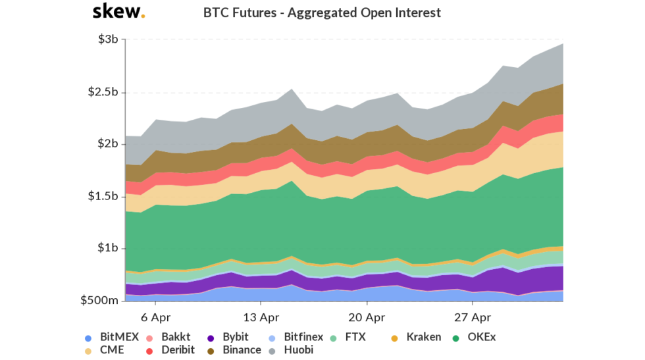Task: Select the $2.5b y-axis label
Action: click(x=102, y=91)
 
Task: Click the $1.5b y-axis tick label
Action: click(x=102, y=196)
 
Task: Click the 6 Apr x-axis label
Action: click(x=155, y=317)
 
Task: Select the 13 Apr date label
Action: click(x=261, y=317)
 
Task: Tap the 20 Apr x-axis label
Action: click(x=367, y=317)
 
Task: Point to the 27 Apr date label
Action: click(x=473, y=317)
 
